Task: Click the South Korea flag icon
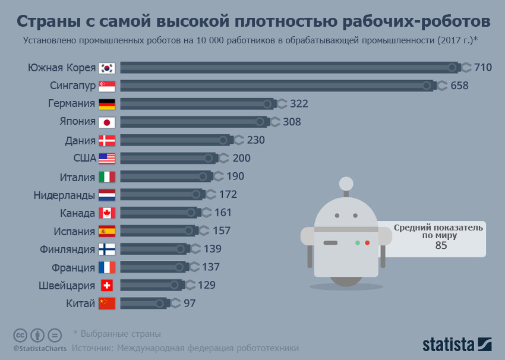pyautogui.click(x=106, y=68)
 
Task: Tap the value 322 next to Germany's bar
pyautogui.click(x=299, y=104)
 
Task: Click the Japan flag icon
pyautogui.click(x=106, y=122)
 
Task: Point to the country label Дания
pyautogui.click(x=80, y=141)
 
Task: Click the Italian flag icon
pyautogui.click(x=106, y=177)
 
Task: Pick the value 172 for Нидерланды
pyautogui.click(x=228, y=194)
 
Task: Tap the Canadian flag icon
pyautogui.click(x=106, y=213)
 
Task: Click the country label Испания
pyautogui.click(x=74, y=231)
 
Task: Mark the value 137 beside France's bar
pyautogui.click(x=211, y=267)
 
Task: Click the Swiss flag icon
pyautogui.click(x=106, y=285)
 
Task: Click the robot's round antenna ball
pyautogui.click(x=346, y=184)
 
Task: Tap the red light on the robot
pyautogui.click(x=367, y=243)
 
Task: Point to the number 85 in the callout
pyautogui.click(x=441, y=246)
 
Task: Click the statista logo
pyautogui.click(x=457, y=344)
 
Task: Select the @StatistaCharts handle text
pyautogui.click(x=40, y=348)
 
